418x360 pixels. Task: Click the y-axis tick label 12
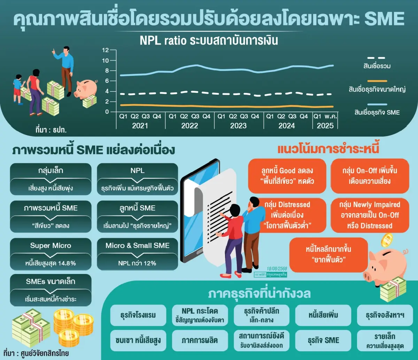105,50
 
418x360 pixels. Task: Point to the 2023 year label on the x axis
238,126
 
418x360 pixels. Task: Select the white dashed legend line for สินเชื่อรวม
376,58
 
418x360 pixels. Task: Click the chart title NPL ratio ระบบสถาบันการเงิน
209,40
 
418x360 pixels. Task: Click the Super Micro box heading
51,245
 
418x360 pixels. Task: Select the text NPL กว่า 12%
137,263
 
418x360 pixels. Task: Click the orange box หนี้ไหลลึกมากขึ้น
328,255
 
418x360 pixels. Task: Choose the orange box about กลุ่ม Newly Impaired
370,215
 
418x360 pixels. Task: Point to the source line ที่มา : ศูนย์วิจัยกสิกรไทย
36,353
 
